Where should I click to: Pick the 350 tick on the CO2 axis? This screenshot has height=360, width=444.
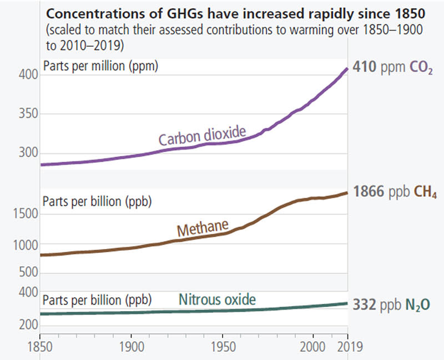pos(25,114)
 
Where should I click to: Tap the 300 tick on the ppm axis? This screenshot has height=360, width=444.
pos(25,153)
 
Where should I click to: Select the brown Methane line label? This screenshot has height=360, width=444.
pos(203,228)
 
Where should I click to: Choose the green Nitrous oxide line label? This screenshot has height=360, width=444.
pos(217,300)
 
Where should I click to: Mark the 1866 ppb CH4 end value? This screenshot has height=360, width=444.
pos(395,193)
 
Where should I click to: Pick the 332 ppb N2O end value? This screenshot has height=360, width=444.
pos(392,304)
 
